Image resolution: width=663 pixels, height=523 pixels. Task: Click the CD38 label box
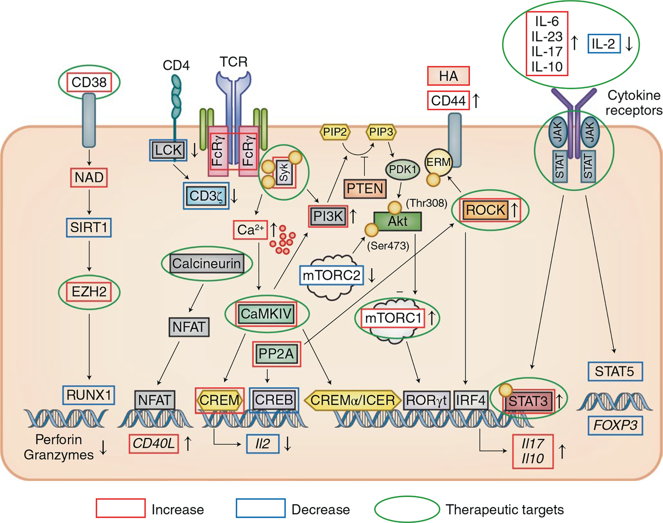click(x=89, y=82)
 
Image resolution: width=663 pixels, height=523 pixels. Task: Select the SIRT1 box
click(x=89, y=228)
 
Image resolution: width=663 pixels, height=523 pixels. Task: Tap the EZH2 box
click(x=89, y=292)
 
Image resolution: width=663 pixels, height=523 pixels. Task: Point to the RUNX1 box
click(x=89, y=395)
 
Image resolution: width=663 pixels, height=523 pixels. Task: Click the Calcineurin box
click(x=206, y=264)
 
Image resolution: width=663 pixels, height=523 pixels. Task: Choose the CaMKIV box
click(x=266, y=314)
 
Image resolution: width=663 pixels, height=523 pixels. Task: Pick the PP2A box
click(x=276, y=354)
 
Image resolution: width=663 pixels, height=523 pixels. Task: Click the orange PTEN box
click(x=365, y=189)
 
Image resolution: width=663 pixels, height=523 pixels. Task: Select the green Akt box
click(x=398, y=221)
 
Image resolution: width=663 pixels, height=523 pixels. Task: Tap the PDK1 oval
click(x=402, y=169)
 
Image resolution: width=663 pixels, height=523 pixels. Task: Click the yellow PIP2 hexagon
click(x=335, y=132)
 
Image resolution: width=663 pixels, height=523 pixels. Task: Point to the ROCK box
click(x=485, y=210)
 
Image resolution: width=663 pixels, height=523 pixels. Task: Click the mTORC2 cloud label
click(x=331, y=275)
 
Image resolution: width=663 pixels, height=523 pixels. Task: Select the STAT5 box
click(x=614, y=371)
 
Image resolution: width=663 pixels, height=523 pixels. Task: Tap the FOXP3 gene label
click(x=615, y=426)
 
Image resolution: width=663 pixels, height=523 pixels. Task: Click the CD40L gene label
click(x=153, y=444)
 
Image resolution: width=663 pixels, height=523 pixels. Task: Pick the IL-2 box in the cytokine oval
click(x=603, y=44)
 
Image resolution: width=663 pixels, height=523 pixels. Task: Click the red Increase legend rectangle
click(x=120, y=508)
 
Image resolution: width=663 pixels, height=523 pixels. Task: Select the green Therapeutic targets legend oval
click(x=407, y=509)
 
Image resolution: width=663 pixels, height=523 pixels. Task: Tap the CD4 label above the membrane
click(x=176, y=66)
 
